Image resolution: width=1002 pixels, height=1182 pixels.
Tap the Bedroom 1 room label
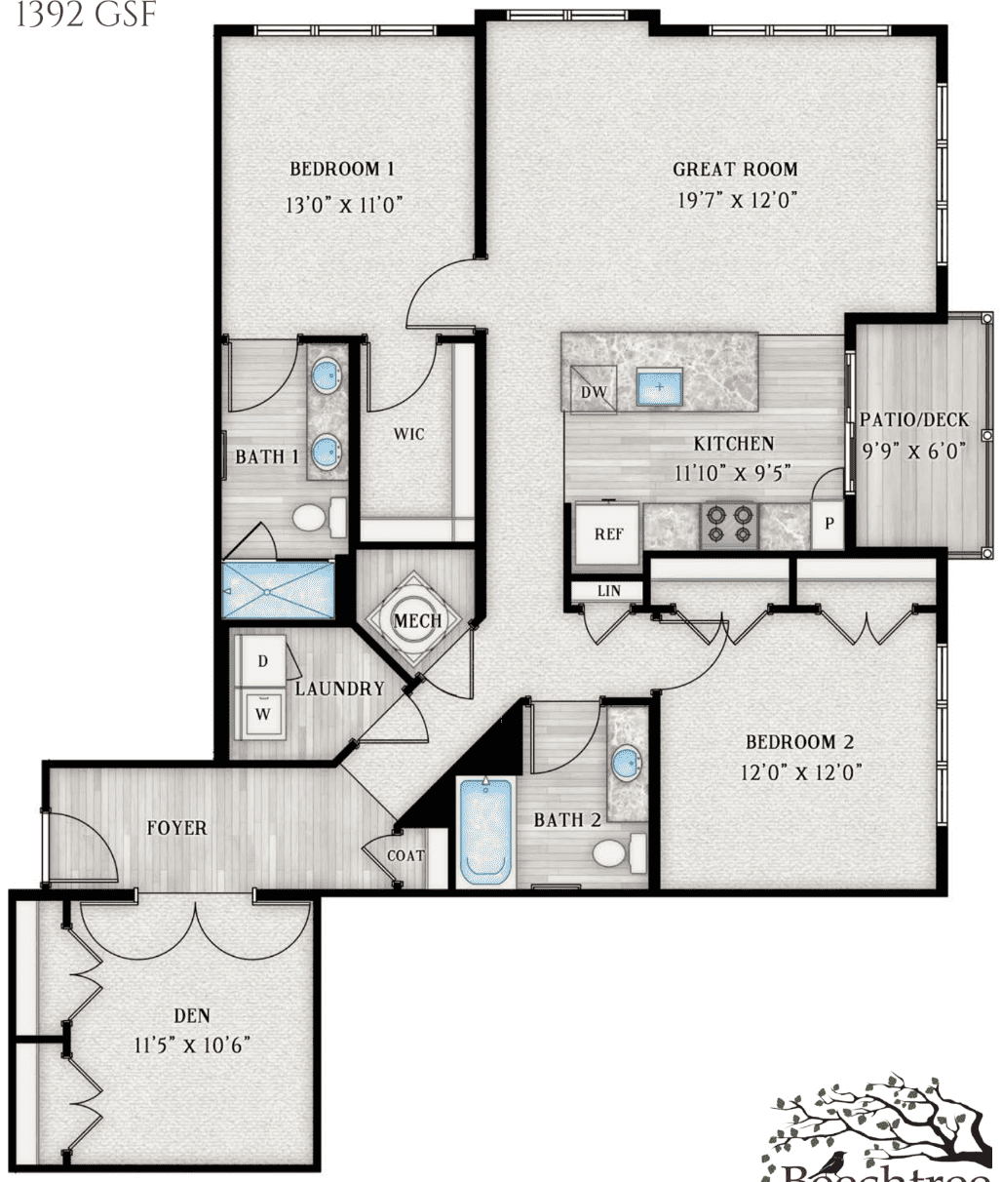pos(342,169)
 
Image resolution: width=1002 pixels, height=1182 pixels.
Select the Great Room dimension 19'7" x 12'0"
pos(738,201)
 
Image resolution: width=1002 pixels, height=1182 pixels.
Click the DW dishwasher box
pos(594,392)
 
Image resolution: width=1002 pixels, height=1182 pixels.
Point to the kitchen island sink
pos(660,387)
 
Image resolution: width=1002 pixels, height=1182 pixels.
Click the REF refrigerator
pos(608,533)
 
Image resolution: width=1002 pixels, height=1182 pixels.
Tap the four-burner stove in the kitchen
pos(730,524)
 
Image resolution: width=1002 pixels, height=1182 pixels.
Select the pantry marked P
pos(829,524)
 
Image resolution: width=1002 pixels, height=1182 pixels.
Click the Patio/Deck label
pos(914,420)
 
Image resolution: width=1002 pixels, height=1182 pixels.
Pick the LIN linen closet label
pos(608,591)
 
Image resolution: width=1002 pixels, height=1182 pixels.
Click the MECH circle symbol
pos(417,620)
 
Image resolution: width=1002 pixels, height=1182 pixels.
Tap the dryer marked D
pos(262,660)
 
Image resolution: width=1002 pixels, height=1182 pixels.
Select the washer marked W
pos(262,713)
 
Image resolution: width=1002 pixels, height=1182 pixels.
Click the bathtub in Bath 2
pos(486,830)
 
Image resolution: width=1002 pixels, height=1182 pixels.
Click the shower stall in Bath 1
pos(279,590)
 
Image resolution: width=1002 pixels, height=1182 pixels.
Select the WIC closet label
pos(409,434)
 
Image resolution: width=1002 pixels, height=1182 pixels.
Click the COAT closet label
pos(405,855)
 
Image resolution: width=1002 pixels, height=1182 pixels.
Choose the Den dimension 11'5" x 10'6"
pos(193,1045)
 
